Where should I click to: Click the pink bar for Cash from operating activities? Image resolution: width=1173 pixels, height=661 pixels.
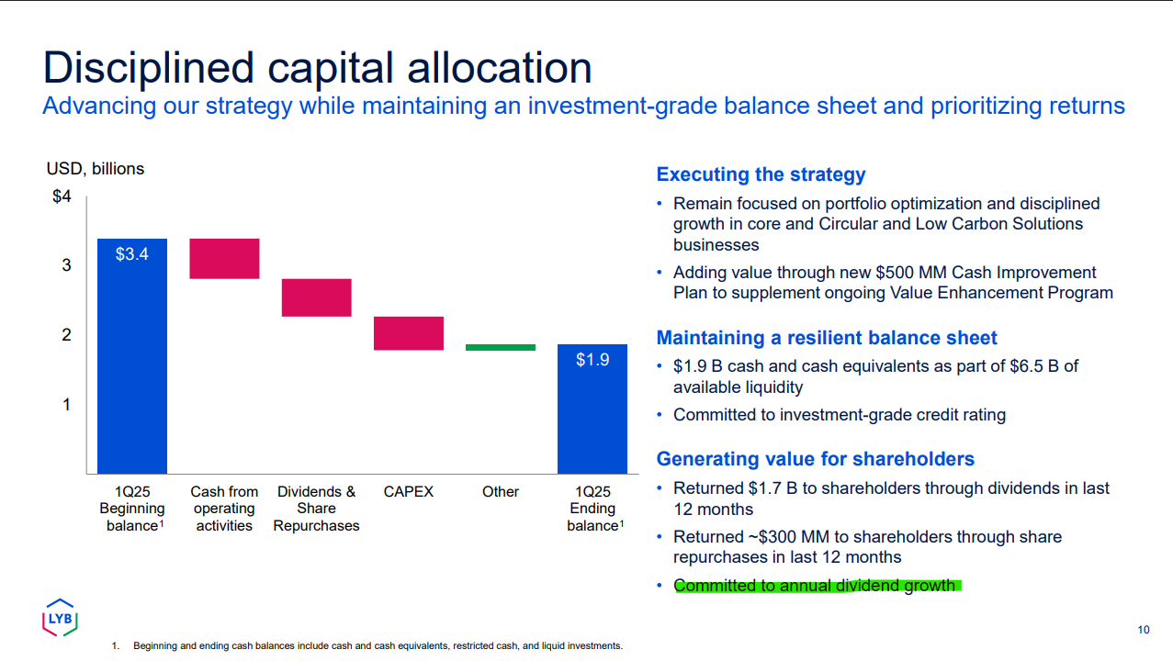[x=224, y=259]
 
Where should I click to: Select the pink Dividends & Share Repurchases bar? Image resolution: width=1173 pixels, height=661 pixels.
[x=316, y=297]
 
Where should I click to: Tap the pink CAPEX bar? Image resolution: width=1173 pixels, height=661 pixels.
[x=409, y=333]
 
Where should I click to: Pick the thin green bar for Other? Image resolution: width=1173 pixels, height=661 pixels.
[x=501, y=348]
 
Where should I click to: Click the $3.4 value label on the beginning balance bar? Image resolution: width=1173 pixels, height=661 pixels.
[x=132, y=254]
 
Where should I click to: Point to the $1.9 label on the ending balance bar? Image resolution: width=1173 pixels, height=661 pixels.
[x=592, y=360]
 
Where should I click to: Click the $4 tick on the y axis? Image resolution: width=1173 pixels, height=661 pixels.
[x=62, y=196]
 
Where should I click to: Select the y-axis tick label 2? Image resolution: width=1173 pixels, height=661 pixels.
[x=66, y=335]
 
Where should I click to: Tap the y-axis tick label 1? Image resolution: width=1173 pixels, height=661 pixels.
[x=66, y=405]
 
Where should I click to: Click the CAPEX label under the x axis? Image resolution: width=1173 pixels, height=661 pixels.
[x=409, y=492]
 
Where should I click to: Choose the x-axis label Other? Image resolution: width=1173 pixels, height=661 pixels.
[x=501, y=492]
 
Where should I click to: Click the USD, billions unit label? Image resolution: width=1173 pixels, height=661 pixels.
[x=96, y=169]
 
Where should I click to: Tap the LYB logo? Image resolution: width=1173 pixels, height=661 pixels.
[x=60, y=618]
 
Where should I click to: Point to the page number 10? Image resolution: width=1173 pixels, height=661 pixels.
[x=1144, y=630]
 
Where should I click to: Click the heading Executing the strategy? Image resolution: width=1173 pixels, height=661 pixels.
[x=761, y=174]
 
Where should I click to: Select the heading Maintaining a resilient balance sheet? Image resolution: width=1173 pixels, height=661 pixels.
[x=827, y=338]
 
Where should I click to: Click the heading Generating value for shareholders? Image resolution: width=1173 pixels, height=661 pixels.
[x=816, y=459]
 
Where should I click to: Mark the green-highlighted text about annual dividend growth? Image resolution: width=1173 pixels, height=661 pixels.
[x=818, y=585]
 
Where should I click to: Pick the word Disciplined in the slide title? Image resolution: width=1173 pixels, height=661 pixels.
[x=149, y=68]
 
